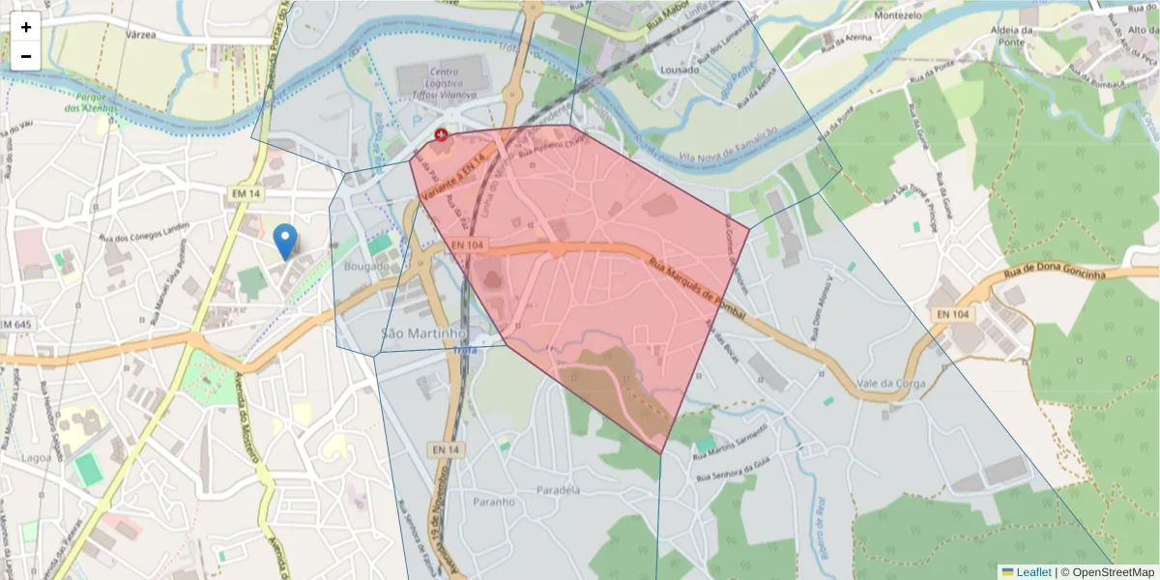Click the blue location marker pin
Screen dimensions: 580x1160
point(285,240)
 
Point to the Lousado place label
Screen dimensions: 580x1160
point(668,71)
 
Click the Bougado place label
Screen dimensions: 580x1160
point(366,266)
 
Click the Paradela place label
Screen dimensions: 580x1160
point(558,490)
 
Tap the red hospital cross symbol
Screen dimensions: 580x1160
point(442,134)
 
